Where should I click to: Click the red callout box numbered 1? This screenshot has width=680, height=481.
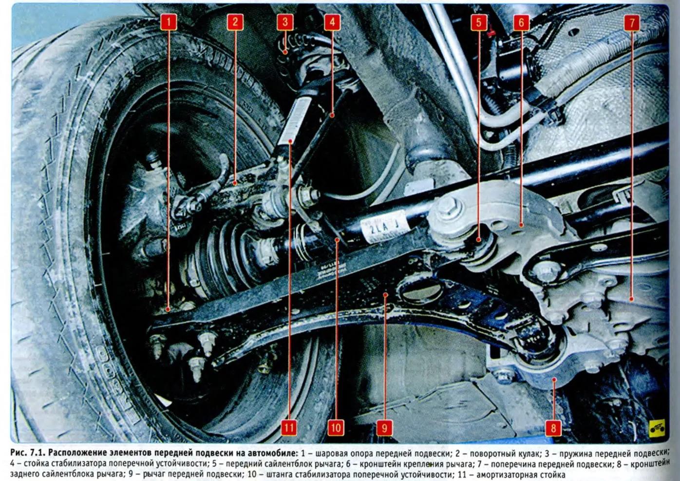[169, 22]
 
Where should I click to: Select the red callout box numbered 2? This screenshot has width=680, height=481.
[235, 22]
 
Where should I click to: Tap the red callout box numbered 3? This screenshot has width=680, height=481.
[285, 22]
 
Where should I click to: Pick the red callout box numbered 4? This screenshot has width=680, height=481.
[332, 22]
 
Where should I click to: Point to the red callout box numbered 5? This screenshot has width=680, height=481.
[479, 22]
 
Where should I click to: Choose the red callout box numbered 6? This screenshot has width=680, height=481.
[521, 22]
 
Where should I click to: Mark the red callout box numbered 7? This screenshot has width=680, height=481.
[632, 22]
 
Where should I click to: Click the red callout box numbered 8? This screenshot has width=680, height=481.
[553, 428]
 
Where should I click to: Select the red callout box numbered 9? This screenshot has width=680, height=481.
[385, 428]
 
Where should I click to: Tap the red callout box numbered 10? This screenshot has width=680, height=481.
[336, 428]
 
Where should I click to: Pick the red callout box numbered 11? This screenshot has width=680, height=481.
[289, 428]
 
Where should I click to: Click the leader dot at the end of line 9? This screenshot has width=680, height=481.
[385, 294]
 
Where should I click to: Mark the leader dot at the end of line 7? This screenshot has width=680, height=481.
[631, 299]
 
